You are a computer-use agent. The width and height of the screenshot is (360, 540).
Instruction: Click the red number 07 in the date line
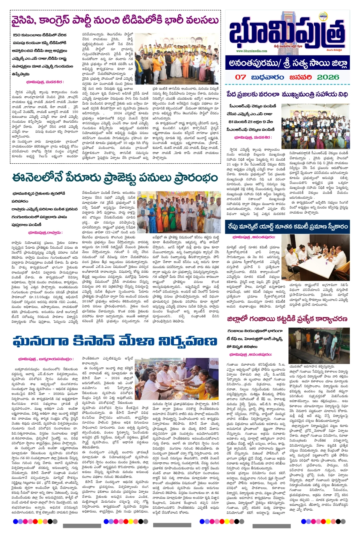(240, 77)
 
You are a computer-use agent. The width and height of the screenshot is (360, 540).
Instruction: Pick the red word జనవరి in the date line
(301, 77)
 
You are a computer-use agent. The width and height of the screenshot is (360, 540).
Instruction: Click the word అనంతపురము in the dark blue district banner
(255, 63)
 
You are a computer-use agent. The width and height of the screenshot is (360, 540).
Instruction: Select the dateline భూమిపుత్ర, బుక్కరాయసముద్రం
(45, 359)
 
